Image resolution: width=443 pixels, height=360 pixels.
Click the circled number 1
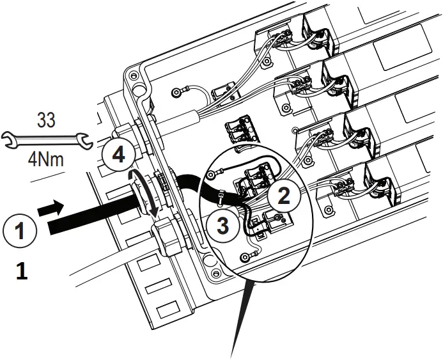pyautogui.click(x=21, y=229)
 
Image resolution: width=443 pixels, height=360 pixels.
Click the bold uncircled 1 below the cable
pyautogui.click(x=21, y=273)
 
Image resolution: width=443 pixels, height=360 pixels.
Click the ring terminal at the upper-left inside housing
pyautogui.click(x=176, y=94)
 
